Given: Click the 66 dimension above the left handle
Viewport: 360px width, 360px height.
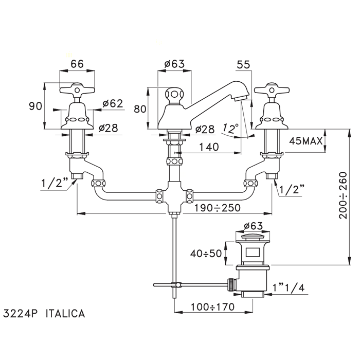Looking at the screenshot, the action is click(77, 64).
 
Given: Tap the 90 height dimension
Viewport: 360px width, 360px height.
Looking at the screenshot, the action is click(35, 106).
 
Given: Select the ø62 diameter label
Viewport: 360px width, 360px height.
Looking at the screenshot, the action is click(113, 104).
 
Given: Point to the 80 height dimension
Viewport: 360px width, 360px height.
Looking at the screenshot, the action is click(140, 109).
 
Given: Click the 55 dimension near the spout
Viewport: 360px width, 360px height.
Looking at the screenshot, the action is click(243, 65).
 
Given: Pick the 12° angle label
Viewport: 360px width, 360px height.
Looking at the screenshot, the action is click(230, 129).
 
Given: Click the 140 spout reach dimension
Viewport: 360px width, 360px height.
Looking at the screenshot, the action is click(209, 147).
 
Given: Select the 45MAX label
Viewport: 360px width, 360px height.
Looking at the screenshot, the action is click(306, 141).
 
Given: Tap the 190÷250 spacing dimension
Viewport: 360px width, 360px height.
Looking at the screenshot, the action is click(218, 208).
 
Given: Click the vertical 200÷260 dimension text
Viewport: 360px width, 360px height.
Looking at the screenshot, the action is click(343, 195).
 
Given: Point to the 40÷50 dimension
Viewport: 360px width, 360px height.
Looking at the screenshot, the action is click(206, 254).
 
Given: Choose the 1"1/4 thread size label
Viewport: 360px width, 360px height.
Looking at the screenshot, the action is click(289, 287).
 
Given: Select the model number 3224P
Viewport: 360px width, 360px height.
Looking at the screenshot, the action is click(21, 313).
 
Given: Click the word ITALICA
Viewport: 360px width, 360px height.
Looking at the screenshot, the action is click(65, 313).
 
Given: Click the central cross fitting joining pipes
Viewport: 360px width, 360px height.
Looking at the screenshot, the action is click(174, 197).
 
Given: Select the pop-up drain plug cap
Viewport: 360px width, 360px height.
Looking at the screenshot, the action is click(253, 237).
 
